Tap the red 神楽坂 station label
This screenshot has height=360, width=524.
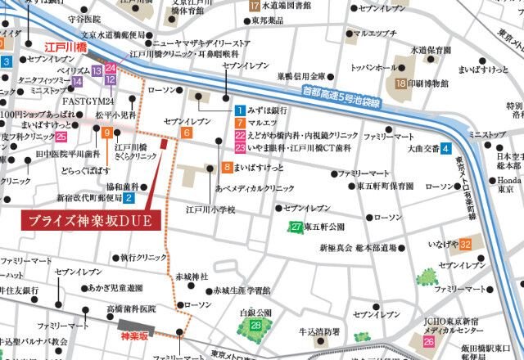click(x=133, y=335)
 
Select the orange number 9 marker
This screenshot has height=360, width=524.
click(x=107, y=145)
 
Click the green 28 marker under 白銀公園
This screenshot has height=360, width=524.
click(x=256, y=326)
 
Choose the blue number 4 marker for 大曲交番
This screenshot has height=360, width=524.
click(x=445, y=149)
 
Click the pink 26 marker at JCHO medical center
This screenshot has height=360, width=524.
click(x=429, y=340)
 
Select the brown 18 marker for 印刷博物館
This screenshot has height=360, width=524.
click(x=401, y=83)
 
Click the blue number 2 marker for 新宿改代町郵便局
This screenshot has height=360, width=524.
click(x=129, y=197)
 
